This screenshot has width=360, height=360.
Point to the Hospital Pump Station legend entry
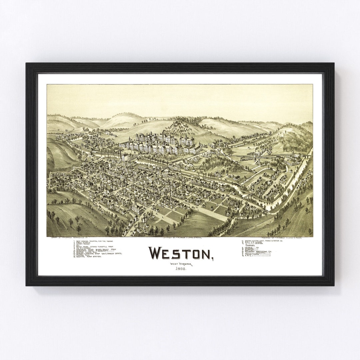pyautogui.click(x=89, y=257)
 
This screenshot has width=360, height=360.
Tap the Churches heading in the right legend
pyautogui.click(x=248, y=246)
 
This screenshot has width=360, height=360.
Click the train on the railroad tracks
pyautogui.click(x=247, y=159)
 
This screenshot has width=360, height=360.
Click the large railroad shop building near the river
pyautogui.click(x=291, y=161)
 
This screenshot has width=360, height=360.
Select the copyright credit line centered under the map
pyautogui.click(x=182, y=238)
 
